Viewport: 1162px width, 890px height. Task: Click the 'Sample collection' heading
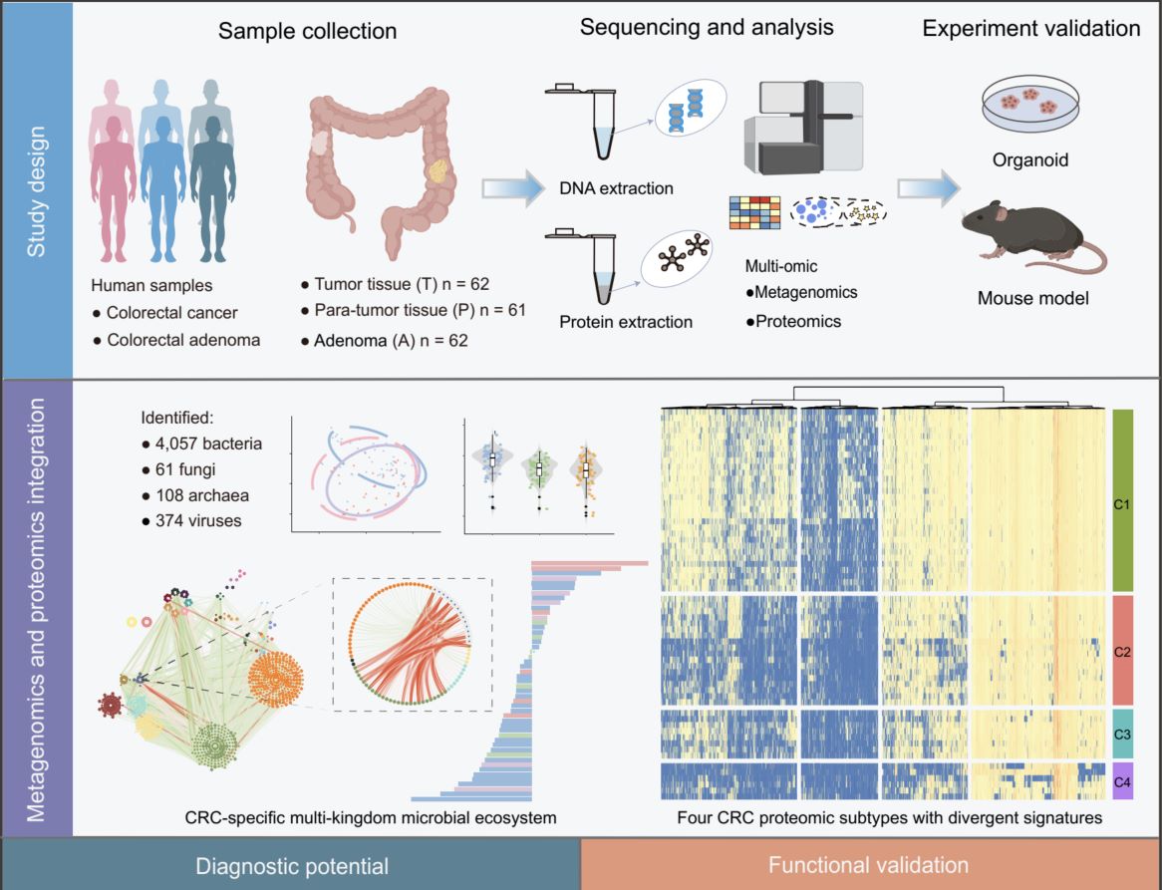(308, 31)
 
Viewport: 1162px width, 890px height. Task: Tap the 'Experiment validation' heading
(1031, 29)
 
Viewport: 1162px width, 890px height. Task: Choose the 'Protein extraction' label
(626, 322)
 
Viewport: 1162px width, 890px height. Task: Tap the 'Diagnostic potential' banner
(291, 864)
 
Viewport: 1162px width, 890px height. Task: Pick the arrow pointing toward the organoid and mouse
(927, 187)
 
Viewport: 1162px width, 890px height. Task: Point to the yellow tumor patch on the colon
(437, 178)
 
